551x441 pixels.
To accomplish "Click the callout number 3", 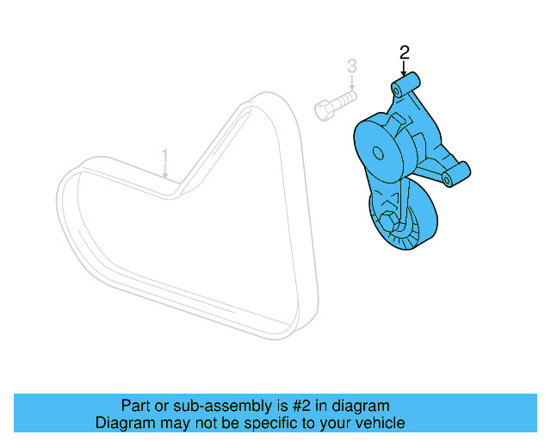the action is [x=351, y=65].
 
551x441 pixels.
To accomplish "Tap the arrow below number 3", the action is [x=351, y=84].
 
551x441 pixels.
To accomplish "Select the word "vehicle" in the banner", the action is [x=377, y=423].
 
